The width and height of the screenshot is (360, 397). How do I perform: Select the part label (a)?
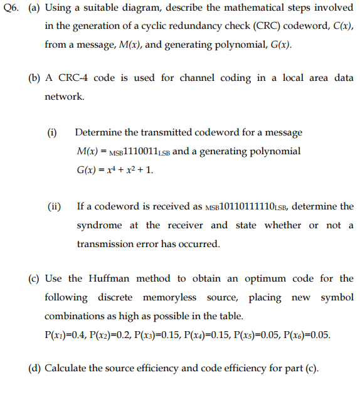click(36, 11)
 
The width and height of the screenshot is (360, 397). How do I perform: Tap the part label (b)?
click(36, 78)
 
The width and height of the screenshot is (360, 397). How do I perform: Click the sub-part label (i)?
click(52, 133)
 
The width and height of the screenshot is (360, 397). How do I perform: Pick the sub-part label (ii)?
click(54, 206)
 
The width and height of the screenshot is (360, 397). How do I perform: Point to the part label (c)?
click(36, 278)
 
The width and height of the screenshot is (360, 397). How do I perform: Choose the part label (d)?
click(36, 368)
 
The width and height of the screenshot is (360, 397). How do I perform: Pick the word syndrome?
click(99, 225)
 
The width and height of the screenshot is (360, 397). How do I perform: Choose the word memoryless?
click(171, 297)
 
